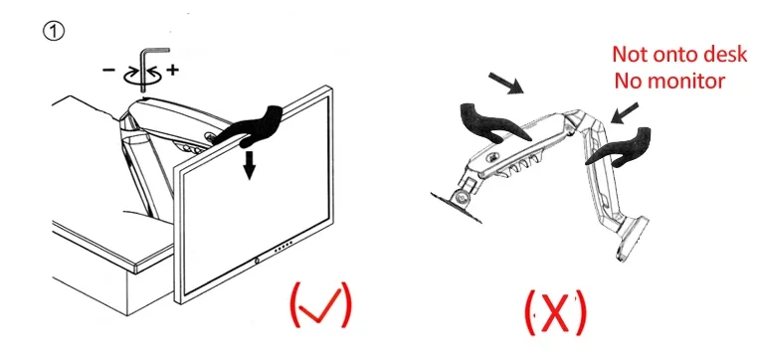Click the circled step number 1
tap(54, 32)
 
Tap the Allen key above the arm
tap(144, 68)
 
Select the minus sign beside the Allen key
tap(108, 71)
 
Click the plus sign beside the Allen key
tap(172, 71)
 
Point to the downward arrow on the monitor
tap(250, 164)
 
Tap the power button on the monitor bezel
tap(256, 262)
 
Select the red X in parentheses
tap(555, 312)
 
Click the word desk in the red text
tap(724, 54)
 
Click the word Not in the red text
tap(629, 54)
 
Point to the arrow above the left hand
tap(506, 83)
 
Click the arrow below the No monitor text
tap(625, 112)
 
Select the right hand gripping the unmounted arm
tap(620, 147)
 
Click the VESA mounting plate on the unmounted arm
tap(457, 206)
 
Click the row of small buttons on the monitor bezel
tap(285, 249)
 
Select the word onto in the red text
tap(673, 55)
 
